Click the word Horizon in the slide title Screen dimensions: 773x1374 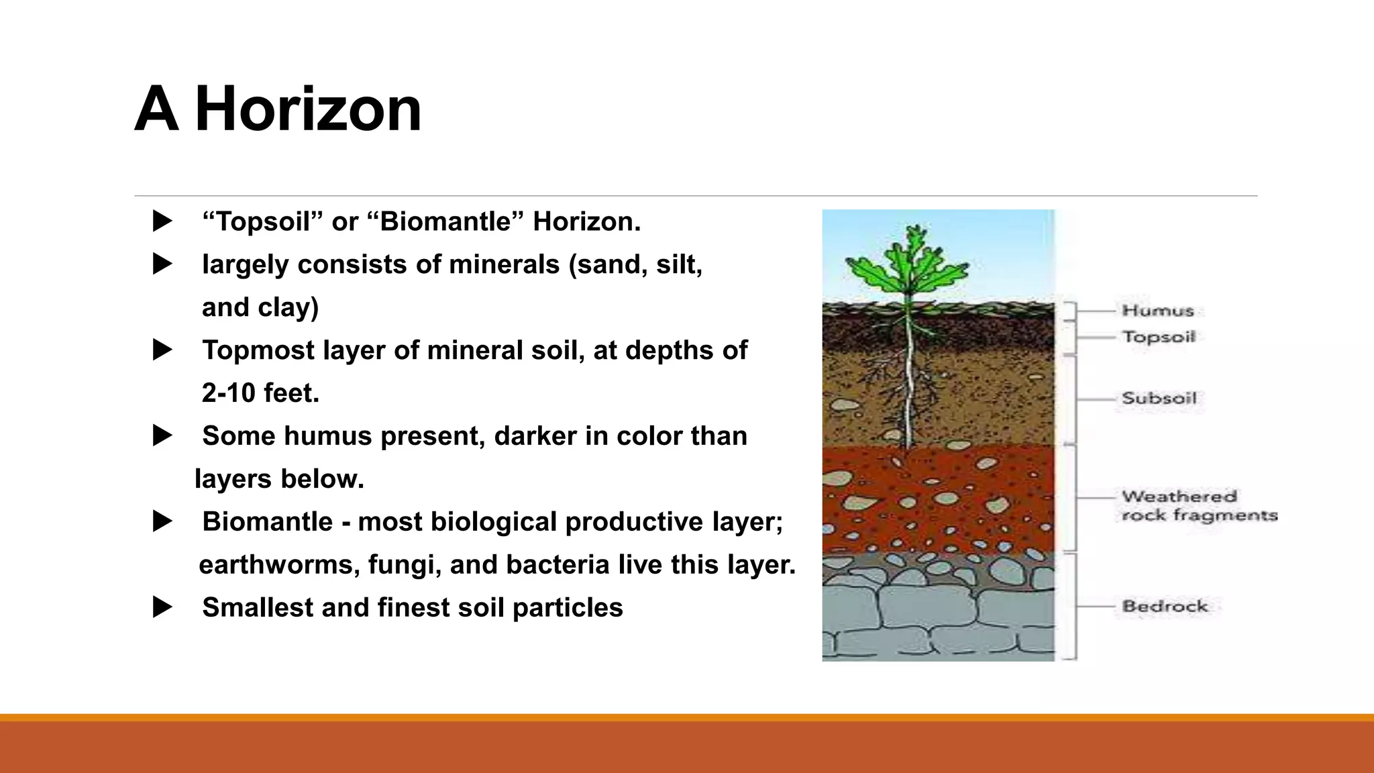308,109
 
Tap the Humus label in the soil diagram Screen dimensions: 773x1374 1158,311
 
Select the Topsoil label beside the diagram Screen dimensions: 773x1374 1159,337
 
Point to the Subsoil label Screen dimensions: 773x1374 1159,398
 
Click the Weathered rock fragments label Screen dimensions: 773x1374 1199,506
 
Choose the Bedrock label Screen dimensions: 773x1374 1165,606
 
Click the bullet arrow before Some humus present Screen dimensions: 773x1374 162,435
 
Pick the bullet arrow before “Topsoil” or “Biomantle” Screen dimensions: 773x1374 162,221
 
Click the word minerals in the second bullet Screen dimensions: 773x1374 504,264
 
